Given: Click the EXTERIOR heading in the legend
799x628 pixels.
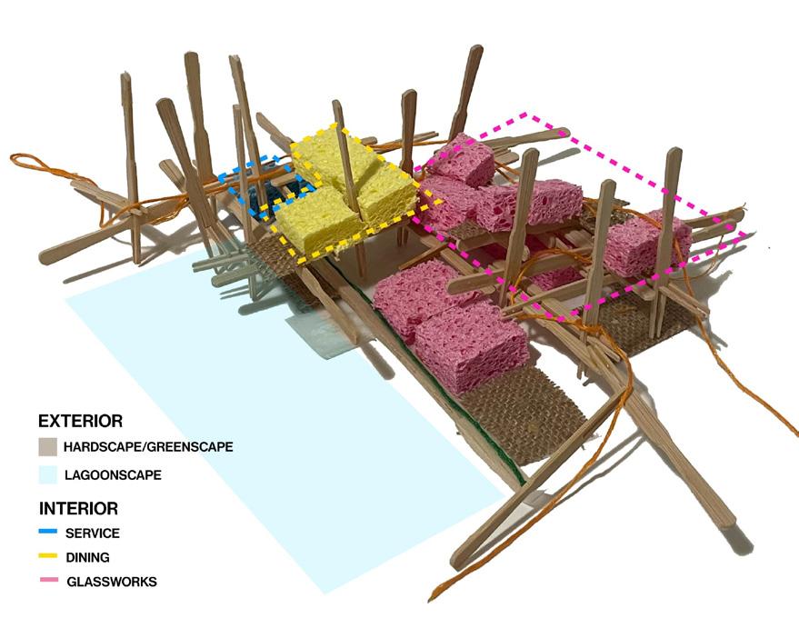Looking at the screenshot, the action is (x=80, y=422).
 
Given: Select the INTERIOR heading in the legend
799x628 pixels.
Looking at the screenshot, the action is (x=78, y=508).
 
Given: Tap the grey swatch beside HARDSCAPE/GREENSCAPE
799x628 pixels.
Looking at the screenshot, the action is (x=48, y=447).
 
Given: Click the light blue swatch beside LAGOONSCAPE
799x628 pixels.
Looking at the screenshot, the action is (x=48, y=474).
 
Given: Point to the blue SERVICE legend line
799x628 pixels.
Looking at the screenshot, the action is (x=47, y=533).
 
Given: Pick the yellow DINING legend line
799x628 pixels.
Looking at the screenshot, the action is (x=47, y=556).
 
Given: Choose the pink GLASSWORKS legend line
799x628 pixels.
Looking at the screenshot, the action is (x=47, y=580).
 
